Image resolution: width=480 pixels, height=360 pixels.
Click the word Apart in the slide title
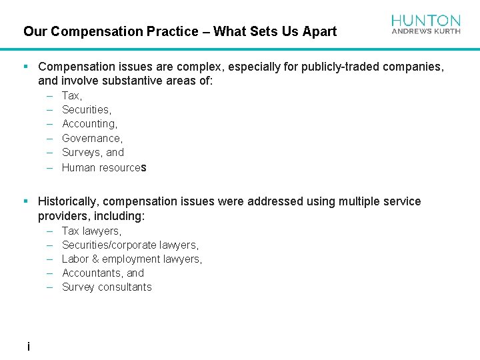click(x=320, y=31)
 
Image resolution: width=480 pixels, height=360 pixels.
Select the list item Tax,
click(x=72, y=96)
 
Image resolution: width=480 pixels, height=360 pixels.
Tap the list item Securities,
click(x=87, y=110)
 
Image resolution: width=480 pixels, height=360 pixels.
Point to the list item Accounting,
click(x=89, y=124)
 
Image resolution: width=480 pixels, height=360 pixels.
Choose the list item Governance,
click(x=92, y=139)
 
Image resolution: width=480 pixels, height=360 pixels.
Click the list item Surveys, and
click(x=93, y=153)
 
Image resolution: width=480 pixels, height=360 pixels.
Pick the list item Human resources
click(x=104, y=167)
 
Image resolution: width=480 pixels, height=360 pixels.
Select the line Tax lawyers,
click(x=91, y=231)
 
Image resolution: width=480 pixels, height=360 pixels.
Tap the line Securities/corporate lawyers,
click(x=130, y=245)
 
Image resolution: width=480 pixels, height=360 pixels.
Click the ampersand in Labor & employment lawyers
click(x=95, y=259)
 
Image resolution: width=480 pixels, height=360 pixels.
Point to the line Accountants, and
click(x=103, y=273)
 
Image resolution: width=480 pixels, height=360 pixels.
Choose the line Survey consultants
click(x=107, y=287)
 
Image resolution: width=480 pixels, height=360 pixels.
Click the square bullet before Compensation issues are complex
click(x=25, y=67)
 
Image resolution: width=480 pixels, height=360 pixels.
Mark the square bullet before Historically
click(x=25, y=201)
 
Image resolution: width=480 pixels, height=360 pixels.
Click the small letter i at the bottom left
click(x=28, y=347)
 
